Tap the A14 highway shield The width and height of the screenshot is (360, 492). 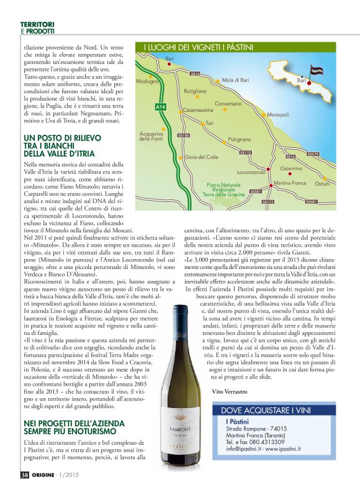coord(160,107)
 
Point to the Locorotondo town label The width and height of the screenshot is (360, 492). coord(251,172)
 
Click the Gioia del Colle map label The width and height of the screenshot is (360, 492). coord(202,157)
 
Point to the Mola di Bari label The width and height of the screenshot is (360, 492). coord(235,80)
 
